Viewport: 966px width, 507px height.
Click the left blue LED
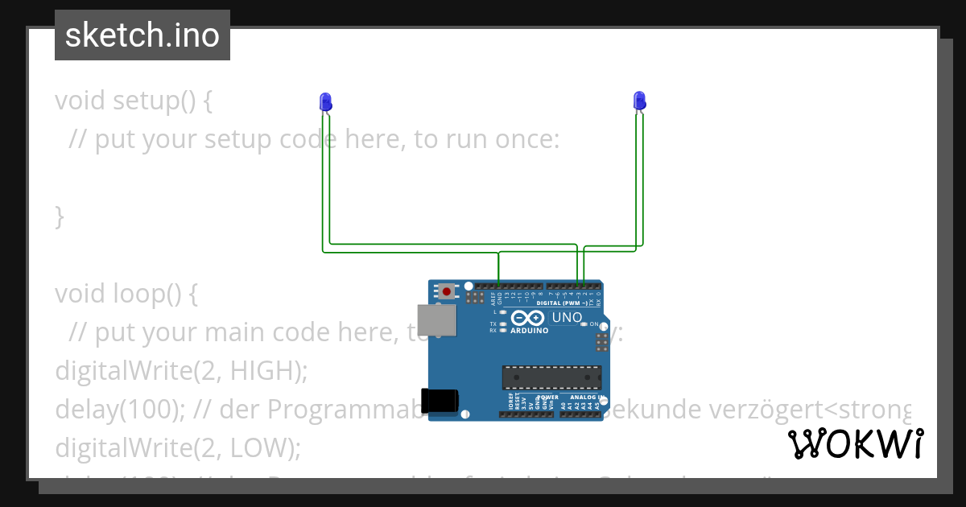pyautogui.click(x=325, y=101)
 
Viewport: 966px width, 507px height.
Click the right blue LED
pyautogui.click(x=639, y=101)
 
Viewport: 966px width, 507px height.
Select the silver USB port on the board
pyautogui.click(x=436, y=319)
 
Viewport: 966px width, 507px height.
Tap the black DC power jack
pyautogui.click(x=442, y=400)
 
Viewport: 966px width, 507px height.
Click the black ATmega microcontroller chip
pyautogui.click(x=551, y=377)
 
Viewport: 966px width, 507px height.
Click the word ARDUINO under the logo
pyautogui.click(x=528, y=331)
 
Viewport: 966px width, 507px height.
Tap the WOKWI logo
pyautogui.click(x=856, y=444)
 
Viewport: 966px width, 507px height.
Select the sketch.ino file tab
pyautogui.click(x=142, y=35)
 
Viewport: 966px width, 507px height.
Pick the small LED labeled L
pyautogui.click(x=503, y=311)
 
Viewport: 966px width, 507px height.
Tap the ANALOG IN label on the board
pyautogui.click(x=585, y=398)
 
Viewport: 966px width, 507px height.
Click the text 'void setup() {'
pyautogui.click(x=134, y=101)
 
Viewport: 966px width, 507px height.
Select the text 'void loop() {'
pyautogui.click(x=126, y=294)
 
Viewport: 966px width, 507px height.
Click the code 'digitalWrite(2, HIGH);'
pyautogui.click(x=182, y=371)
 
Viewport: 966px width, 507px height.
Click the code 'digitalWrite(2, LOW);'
pyautogui.click(x=177, y=448)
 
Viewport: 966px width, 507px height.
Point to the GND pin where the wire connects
pyautogui.click(x=499, y=286)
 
